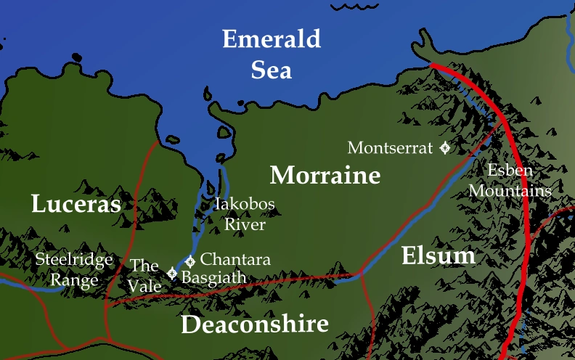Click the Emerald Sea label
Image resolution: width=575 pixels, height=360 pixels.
[x=271, y=54]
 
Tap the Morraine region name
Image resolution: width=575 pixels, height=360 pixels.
[x=325, y=176]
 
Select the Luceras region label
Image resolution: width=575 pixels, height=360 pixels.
[x=76, y=204]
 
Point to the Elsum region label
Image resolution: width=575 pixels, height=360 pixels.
[x=438, y=255]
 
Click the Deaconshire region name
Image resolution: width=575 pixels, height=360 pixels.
[x=254, y=324]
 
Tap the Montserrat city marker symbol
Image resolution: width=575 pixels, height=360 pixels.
[x=444, y=148]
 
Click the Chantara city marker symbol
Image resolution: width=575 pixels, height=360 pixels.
[x=190, y=261]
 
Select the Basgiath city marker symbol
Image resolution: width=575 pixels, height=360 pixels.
[x=172, y=274]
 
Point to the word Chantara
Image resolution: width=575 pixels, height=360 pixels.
[x=235, y=259]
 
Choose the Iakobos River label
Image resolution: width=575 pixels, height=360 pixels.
[x=244, y=214]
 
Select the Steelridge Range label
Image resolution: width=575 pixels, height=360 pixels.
[x=75, y=270]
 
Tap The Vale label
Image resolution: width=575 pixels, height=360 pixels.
[x=145, y=275]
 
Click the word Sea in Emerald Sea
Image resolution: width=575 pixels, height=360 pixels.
[x=271, y=70]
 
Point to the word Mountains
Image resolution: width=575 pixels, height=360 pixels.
[x=510, y=192]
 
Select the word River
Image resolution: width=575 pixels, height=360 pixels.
[x=244, y=225]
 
